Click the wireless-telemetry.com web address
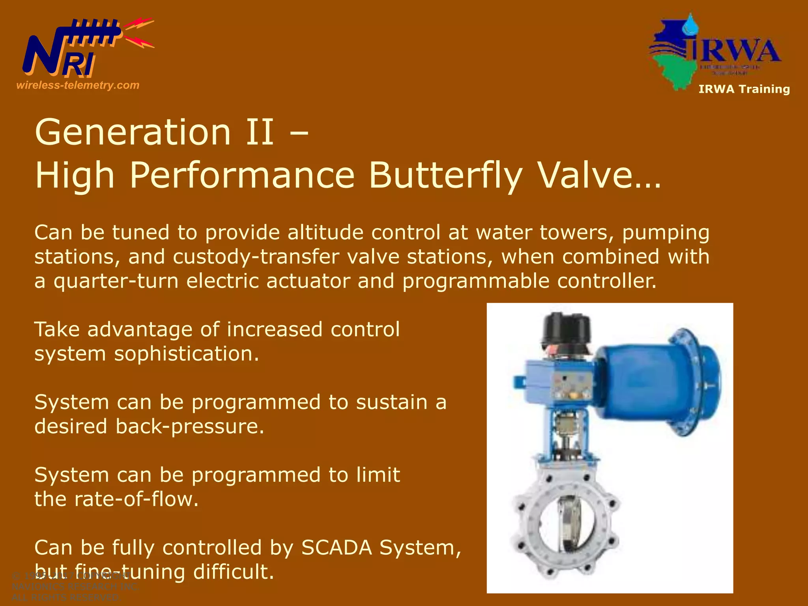[78, 85]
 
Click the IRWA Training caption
[744, 89]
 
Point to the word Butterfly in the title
[446, 176]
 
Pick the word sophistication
[186, 354]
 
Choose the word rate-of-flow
[136, 499]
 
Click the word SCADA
[337, 548]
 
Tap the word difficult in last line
[233, 572]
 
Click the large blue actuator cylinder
[647, 381]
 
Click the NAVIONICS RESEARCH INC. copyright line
[75, 587]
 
